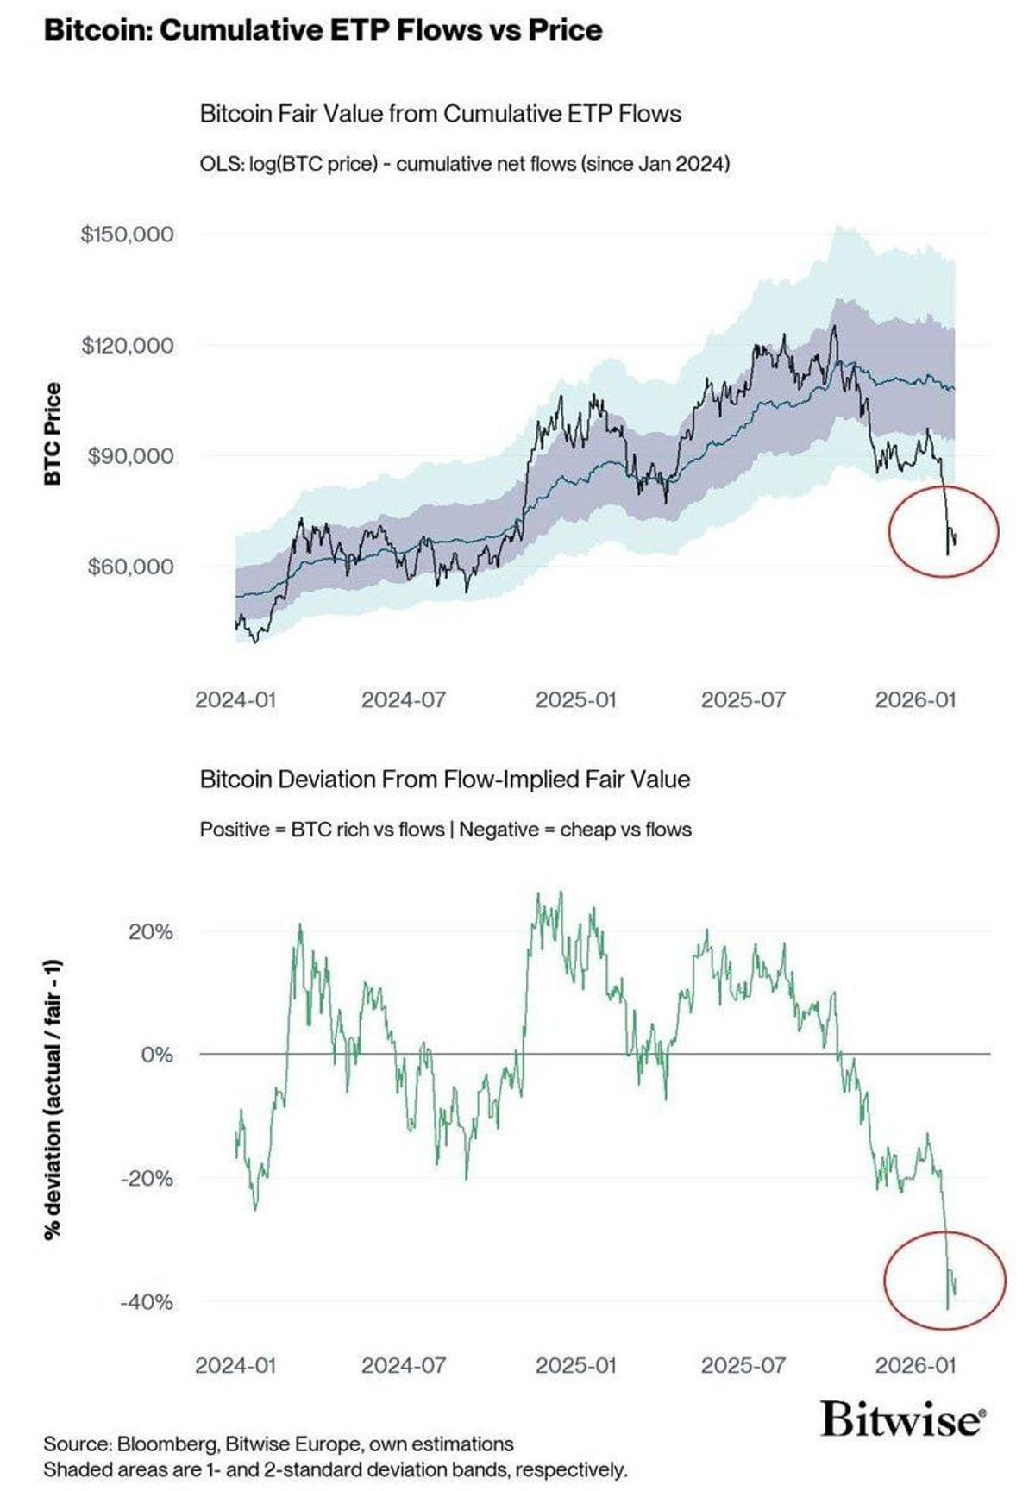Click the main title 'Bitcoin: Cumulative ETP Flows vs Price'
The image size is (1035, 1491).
[323, 30]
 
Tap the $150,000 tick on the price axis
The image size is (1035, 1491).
[127, 234]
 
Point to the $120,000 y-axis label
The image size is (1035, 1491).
[127, 345]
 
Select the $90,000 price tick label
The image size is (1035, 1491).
[130, 455]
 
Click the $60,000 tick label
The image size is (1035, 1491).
[130, 567]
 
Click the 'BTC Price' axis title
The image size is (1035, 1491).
[53, 434]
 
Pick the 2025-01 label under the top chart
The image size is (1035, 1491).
[575, 699]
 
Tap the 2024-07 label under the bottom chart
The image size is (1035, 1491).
[403, 1365]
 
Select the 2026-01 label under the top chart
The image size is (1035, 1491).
[915, 699]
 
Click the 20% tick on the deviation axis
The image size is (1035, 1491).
[150, 932]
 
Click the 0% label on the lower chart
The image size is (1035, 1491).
[156, 1055]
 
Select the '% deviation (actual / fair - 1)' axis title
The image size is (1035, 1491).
[53, 1099]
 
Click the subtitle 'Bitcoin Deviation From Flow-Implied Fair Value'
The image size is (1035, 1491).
[444, 780]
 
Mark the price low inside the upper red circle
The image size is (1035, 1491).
[947, 554]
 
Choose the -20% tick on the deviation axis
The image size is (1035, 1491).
[146, 1178]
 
